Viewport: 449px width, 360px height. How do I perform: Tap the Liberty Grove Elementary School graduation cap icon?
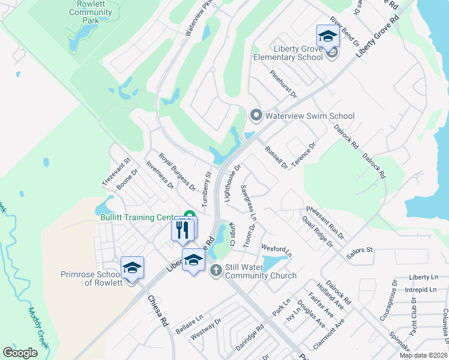point(328,35)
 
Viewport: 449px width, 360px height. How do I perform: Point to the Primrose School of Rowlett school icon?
point(133,267)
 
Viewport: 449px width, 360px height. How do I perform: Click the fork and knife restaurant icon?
point(182,229)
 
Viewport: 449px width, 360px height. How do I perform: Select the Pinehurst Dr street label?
point(283,84)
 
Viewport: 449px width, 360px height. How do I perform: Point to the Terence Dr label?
point(304,155)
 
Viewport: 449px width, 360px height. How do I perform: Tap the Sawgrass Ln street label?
point(249,201)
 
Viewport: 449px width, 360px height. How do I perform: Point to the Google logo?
point(20,353)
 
